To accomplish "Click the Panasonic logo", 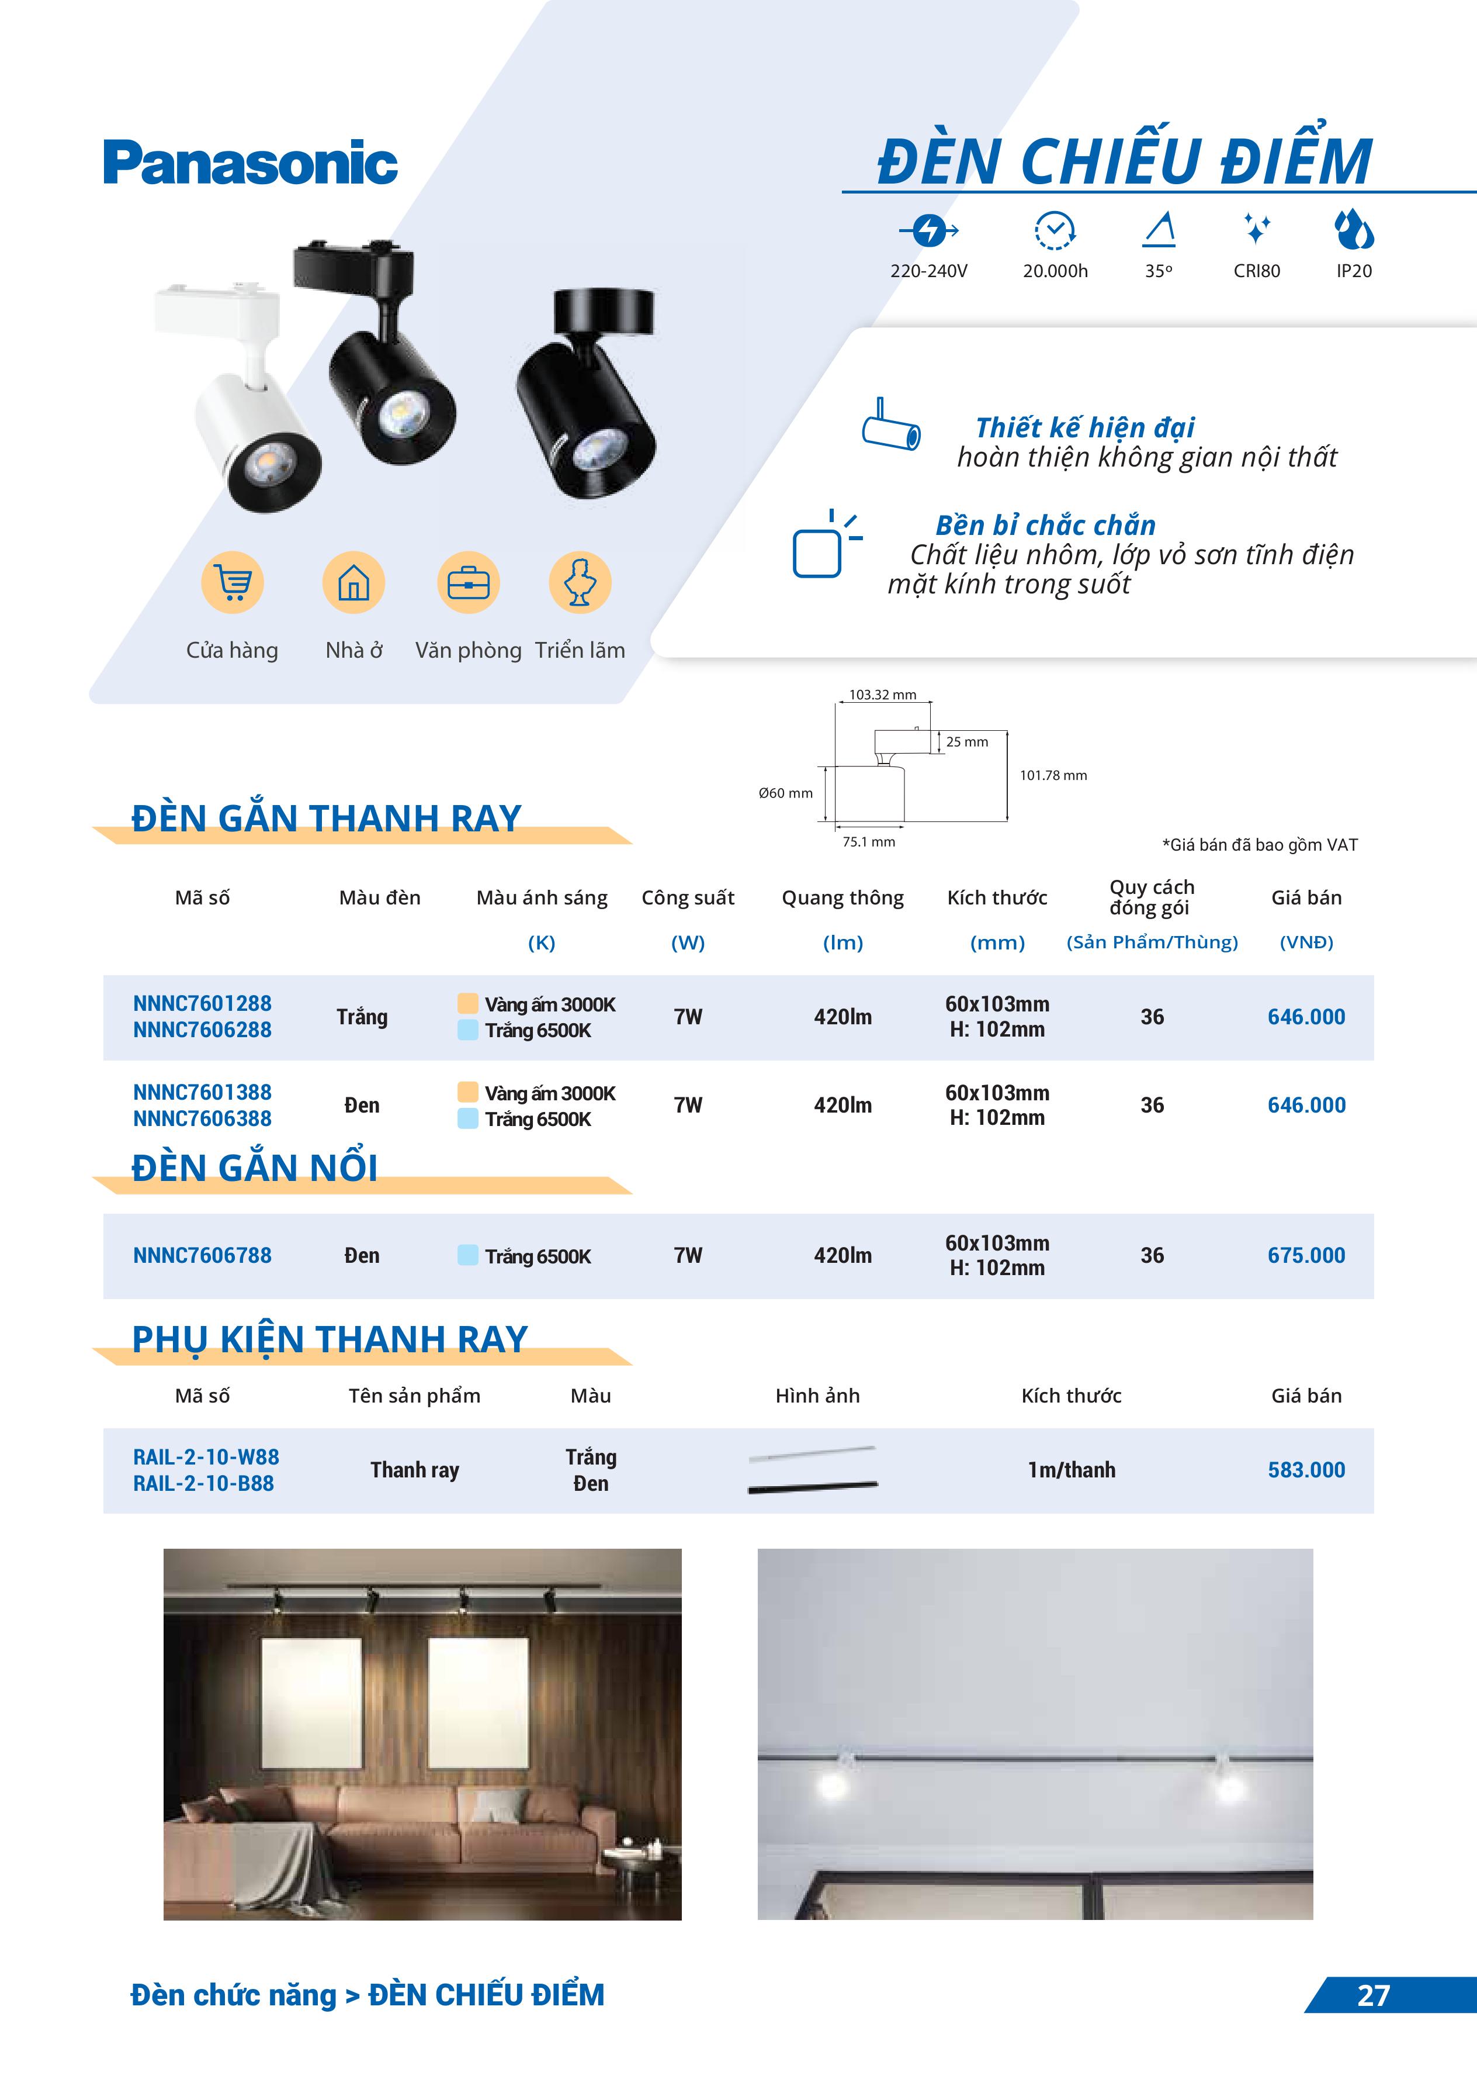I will [x=250, y=163].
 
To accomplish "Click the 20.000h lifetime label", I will [x=1055, y=271].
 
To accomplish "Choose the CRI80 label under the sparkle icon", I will [x=1256, y=271].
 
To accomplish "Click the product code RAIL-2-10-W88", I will [x=206, y=1457].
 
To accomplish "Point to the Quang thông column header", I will [x=842, y=898].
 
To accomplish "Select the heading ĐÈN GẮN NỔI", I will [x=255, y=1168].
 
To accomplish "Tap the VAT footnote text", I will [x=1260, y=845].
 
